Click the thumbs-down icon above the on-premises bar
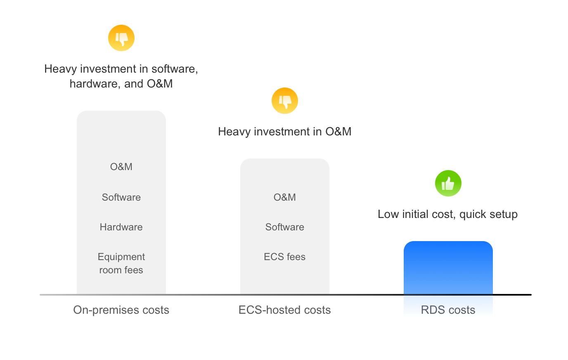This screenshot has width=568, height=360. tap(121, 38)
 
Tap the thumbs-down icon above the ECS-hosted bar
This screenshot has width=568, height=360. tap(285, 101)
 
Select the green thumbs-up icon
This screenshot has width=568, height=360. tap(448, 183)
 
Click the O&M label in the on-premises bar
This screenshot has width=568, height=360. tap(121, 167)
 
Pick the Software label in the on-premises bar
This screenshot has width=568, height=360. tap(121, 197)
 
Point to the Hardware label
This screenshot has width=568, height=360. tap(121, 227)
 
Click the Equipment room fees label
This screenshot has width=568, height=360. tap(121, 263)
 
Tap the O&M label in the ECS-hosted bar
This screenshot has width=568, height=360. tap(285, 197)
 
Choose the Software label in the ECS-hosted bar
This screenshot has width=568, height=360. tap(285, 227)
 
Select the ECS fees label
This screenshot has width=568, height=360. tap(285, 257)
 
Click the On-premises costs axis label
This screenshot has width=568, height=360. tap(121, 310)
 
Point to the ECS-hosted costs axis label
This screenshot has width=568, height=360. tap(285, 310)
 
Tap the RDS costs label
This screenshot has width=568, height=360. tap(448, 310)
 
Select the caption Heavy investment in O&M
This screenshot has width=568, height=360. tap(285, 132)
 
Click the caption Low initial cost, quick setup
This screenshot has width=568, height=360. tap(448, 214)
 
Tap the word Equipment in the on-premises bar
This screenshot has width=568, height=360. tap(121, 257)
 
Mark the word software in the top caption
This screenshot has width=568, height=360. tap(174, 69)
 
